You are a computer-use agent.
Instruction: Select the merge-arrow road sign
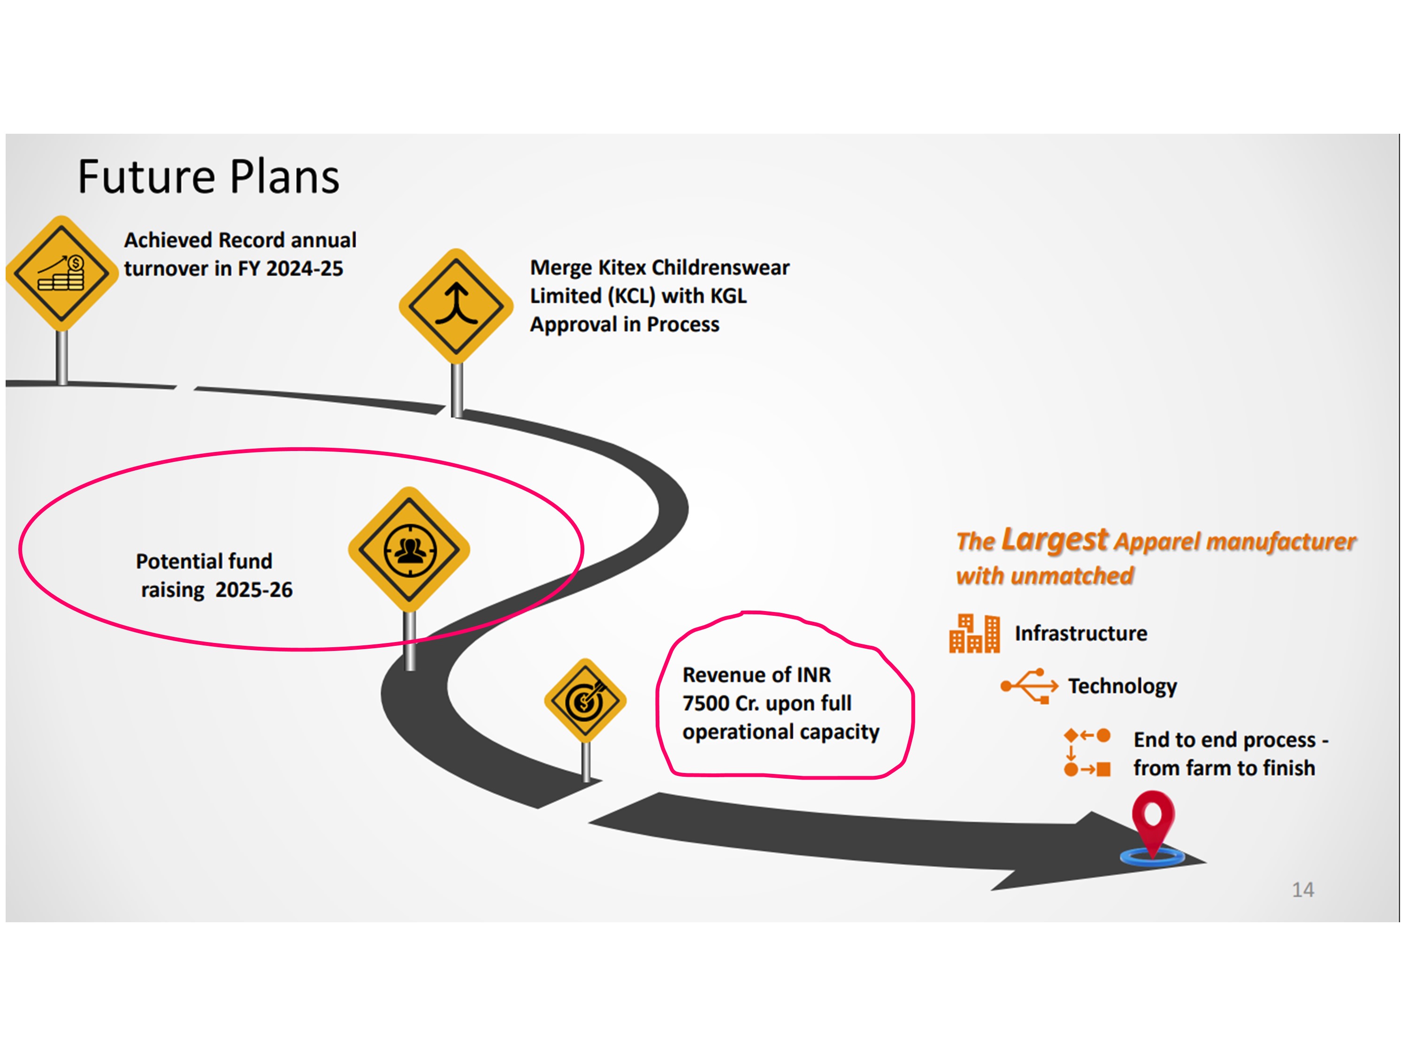tap(456, 306)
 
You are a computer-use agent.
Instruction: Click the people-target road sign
tap(409, 549)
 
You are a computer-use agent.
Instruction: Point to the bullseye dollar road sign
tap(585, 700)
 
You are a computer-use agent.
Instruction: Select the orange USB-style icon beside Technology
tap(1029, 686)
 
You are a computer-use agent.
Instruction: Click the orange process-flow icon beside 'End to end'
tap(1087, 752)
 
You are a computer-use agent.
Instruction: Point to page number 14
tap(1303, 889)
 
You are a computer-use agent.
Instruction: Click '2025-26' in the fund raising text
tap(254, 590)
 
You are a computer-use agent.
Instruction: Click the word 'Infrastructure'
tap(1081, 633)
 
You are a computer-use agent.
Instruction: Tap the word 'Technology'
tap(1122, 686)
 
